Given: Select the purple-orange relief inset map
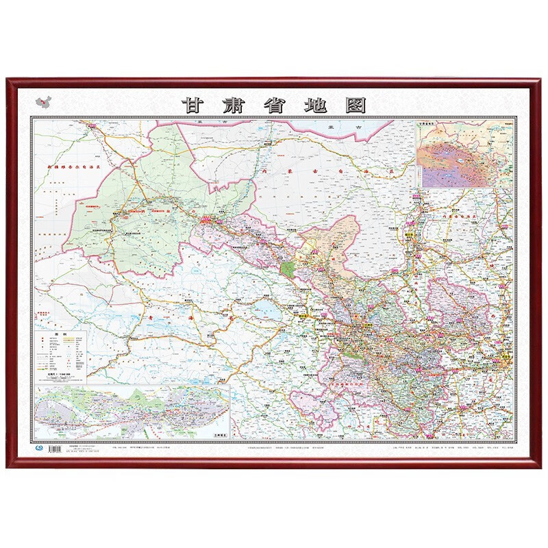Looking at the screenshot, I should tap(464, 155).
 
